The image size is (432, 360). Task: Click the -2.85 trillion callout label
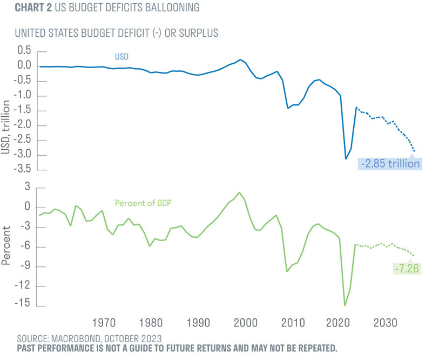pos(390,164)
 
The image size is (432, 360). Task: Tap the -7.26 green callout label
pos(407,269)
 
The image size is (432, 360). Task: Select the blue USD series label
pos(122,57)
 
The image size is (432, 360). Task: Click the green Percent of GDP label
pos(143,203)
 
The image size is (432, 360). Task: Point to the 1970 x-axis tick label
pos(104,323)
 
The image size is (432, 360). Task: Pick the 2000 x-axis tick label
pos(246,323)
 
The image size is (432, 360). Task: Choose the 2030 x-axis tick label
pos(385,323)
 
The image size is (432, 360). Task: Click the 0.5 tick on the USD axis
pos(24,50)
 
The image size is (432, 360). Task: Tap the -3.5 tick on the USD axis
pos(23,168)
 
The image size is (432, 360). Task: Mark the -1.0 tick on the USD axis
pos(23,95)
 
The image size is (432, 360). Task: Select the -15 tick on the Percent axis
pos(22,303)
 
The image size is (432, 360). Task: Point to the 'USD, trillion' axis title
pos(5,127)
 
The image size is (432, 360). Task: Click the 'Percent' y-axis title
pos(6,246)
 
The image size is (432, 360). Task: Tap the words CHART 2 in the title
pos(33,8)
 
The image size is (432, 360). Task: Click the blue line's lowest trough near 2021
pos(346,158)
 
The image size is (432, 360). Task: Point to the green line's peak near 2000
pos(239,192)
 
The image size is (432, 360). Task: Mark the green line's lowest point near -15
pos(345,305)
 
